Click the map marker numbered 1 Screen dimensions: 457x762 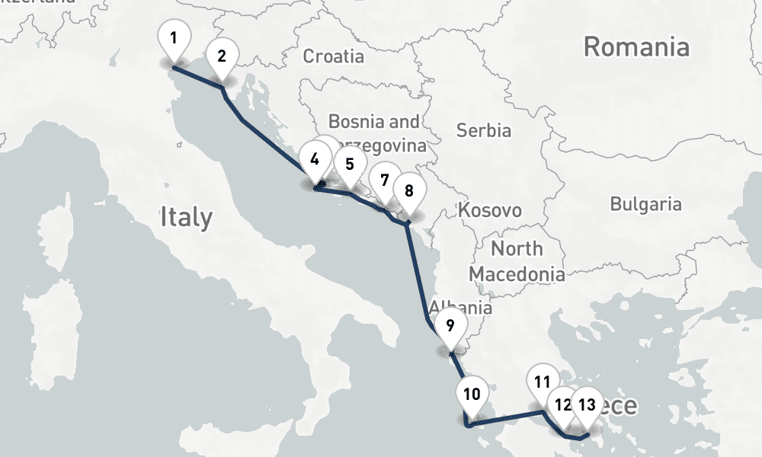coord(174,38)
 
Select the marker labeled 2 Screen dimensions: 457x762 coord(222,56)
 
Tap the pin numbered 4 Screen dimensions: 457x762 coord(314,160)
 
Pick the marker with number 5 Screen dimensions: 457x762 coord(349,165)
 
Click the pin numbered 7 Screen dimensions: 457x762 coord(384,181)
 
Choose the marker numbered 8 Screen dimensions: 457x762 coord(408,191)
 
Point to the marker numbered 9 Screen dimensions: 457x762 coord(450,326)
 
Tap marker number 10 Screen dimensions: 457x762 coord(472,395)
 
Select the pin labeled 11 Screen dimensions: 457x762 coord(543,383)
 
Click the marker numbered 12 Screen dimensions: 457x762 coord(563,405)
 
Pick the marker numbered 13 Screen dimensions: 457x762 coord(586,404)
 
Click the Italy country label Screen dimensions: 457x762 coord(186,218)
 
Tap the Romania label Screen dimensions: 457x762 coord(636,47)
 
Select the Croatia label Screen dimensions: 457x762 coord(333,56)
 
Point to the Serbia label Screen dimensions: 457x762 coord(484,130)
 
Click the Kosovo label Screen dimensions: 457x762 coord(490,210)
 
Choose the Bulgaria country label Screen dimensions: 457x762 coord(645,204)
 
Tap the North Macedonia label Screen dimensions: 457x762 coord(517,260)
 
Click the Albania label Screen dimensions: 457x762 coord(461,308)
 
